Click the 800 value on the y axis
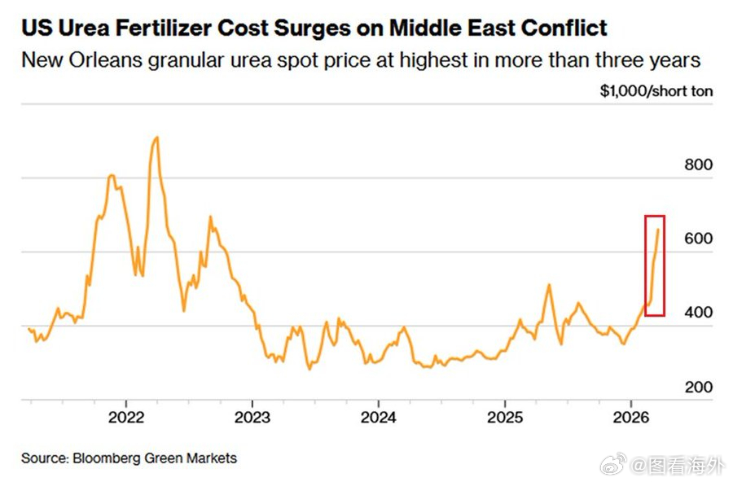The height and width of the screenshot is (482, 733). (698, 164)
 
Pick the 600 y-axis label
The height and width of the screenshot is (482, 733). (698, 239)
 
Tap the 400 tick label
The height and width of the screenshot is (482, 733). (698, 313)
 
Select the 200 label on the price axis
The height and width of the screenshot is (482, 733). (698, 387)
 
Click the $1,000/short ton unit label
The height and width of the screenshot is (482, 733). (656, 91)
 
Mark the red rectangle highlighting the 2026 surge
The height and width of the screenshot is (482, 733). (655, 265)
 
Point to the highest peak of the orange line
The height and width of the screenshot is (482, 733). (156, 138)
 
